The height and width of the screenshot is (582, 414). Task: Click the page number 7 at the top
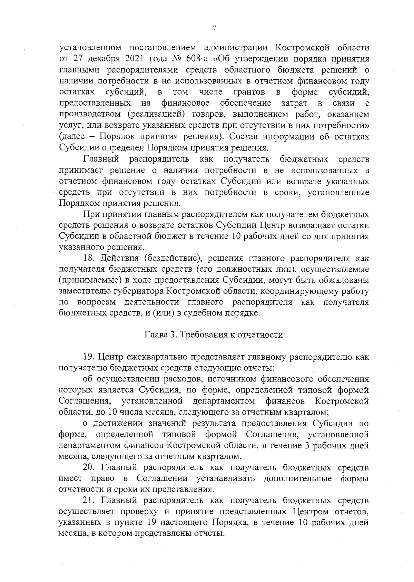point(214,28)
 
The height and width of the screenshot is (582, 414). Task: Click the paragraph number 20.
point(88,468)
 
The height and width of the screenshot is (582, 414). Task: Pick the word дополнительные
point(298,479)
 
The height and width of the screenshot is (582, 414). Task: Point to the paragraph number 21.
point(88,501)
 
